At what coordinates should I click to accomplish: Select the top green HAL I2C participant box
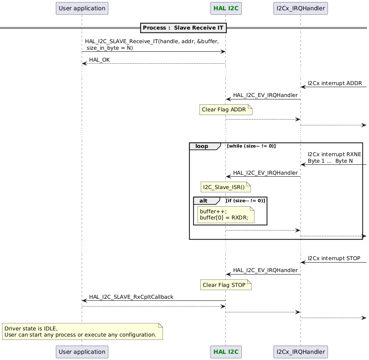[x=225, y=8]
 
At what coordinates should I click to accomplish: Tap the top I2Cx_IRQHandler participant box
[x=300, y=8]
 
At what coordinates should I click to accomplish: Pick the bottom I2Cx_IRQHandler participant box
[x=300, y=352]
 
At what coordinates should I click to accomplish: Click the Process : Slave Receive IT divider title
[x=183, y=28]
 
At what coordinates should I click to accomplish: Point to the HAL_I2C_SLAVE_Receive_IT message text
[x=151, y=44]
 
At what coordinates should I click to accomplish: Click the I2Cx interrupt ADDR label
[x=335, y=83]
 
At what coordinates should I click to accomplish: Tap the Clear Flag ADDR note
[x=225, y=110]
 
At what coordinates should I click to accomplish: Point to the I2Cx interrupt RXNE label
[x=334, y=155]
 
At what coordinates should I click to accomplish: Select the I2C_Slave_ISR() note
[x=225, y=187]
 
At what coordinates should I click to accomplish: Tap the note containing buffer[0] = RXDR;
[x=226, y=214]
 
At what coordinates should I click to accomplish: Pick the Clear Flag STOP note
[x=225, y=285]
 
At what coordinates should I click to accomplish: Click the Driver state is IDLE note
[x=82, y=331]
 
